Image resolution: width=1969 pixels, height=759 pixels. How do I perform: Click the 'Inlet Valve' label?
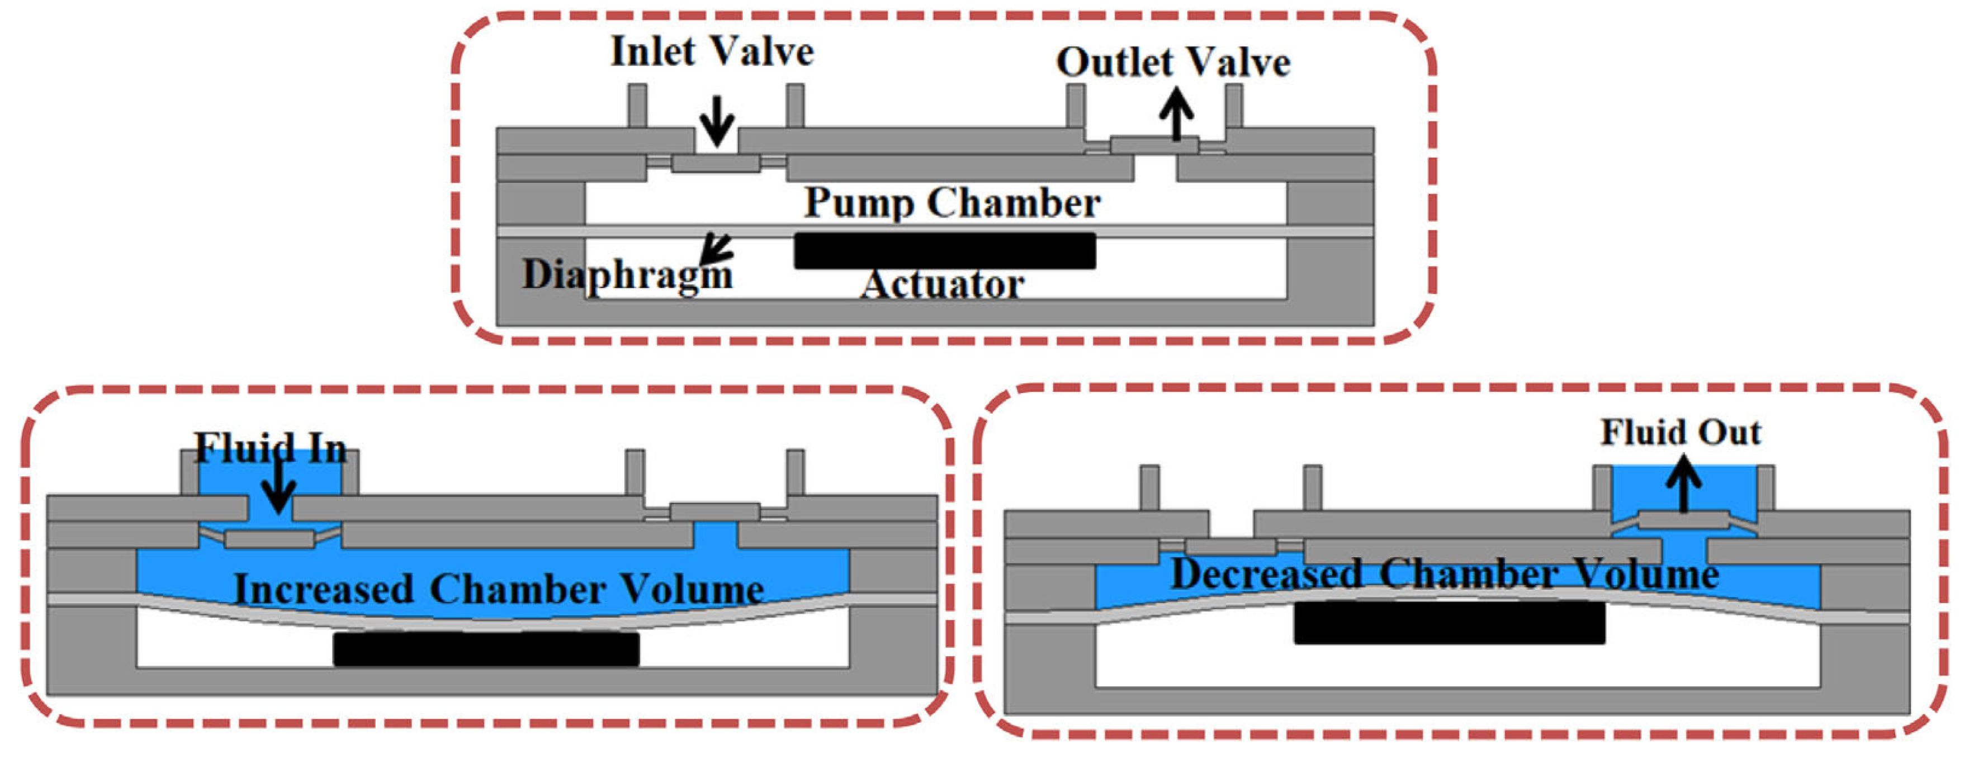712,53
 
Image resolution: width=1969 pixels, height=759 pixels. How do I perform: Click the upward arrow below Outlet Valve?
1176,113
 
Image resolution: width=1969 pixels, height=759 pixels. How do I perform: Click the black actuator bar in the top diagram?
945,251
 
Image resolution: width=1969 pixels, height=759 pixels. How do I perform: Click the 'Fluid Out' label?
1681,433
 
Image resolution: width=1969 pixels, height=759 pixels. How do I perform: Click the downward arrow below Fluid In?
278,489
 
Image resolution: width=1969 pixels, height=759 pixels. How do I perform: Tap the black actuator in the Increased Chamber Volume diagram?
486,649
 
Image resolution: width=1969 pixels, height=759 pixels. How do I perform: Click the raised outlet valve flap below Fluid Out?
1683,520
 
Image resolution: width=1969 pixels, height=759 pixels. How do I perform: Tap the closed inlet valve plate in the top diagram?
716,163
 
